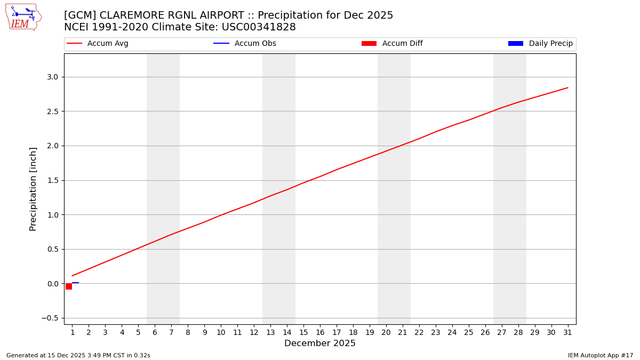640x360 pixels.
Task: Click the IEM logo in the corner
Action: pos(23,17)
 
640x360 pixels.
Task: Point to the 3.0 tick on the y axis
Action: pos(52,77)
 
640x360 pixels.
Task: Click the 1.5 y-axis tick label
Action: pos(52,180)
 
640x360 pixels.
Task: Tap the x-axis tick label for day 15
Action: pos(303,333)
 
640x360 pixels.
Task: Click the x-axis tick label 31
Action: pos(567,333)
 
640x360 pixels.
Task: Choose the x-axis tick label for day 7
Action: pos(171,333)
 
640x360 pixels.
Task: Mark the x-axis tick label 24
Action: pos(452,333)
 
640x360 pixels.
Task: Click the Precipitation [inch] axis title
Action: pos(33,189)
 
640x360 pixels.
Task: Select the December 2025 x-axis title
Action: pos(320,343)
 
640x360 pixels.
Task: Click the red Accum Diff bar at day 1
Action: pos(69,286)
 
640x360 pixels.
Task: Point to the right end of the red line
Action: pos(567,87)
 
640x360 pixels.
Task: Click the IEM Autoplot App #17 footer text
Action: pos(601,355)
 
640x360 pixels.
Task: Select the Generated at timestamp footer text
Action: pos(78,355)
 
